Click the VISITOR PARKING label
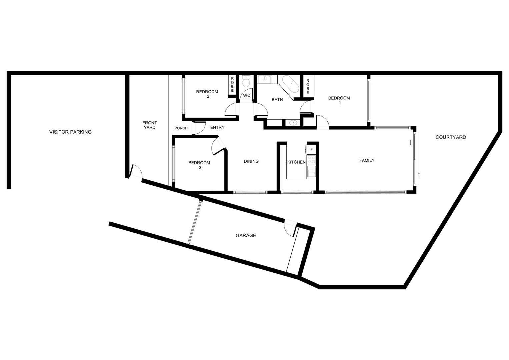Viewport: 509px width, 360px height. coord(70,132)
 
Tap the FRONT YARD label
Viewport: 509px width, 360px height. coord(150,125)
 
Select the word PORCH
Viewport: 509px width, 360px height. coord(181,128)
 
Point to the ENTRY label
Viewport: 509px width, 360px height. coord(217,127)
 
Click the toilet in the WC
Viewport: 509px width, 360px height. coord(246,82)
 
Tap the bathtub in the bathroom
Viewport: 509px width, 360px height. coord(290,84)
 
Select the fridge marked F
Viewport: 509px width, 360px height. coord(311,149)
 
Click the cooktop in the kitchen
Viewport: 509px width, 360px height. coord(311,160)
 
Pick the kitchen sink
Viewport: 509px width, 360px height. coord(311,172)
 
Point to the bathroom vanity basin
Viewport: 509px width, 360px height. coord(293,123)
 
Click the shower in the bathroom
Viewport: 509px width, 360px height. coord(264,80)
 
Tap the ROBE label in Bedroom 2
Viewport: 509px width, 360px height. coord(232,85)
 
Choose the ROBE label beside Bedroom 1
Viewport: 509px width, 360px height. coord(308,86)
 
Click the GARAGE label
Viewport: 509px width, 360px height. coord(246,235)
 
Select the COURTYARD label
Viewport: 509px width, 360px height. coord(451,137)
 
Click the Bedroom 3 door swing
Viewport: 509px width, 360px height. coord(217,145)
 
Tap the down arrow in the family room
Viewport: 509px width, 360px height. coord(410,143)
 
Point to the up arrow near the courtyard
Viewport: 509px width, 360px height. coord(419,175)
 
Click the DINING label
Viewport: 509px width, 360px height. coord(251,161)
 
